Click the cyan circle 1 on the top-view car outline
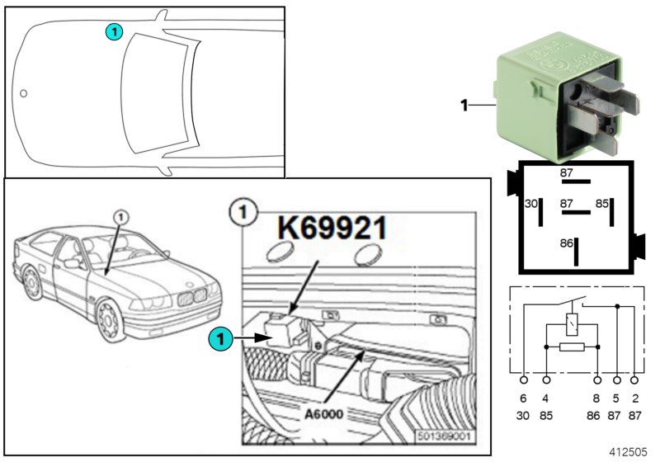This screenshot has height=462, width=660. point(114,31)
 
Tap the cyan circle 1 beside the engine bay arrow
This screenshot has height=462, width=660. point(219,337)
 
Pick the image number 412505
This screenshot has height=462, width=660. point(629,452)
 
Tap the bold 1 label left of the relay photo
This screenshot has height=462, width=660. point(464,105)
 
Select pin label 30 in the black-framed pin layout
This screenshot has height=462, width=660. point(532,203)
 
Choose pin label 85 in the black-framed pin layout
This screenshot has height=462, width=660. point(603,203)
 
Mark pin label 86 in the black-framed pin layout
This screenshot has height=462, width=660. point(566,244)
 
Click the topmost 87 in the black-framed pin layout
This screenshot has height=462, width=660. point(567,173)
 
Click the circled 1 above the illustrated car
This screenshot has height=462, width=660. point(120,215)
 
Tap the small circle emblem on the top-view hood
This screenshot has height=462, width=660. point(24,93)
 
